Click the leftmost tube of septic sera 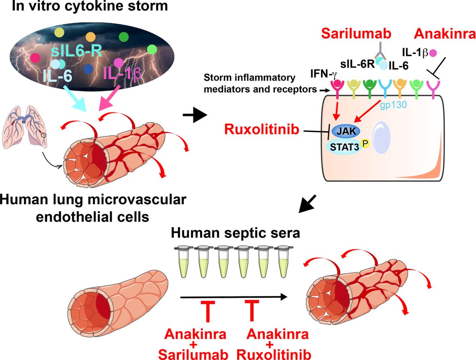tap(182, 262)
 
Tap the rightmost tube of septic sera tap(282, 262)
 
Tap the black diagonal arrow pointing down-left tap(309, 203)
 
